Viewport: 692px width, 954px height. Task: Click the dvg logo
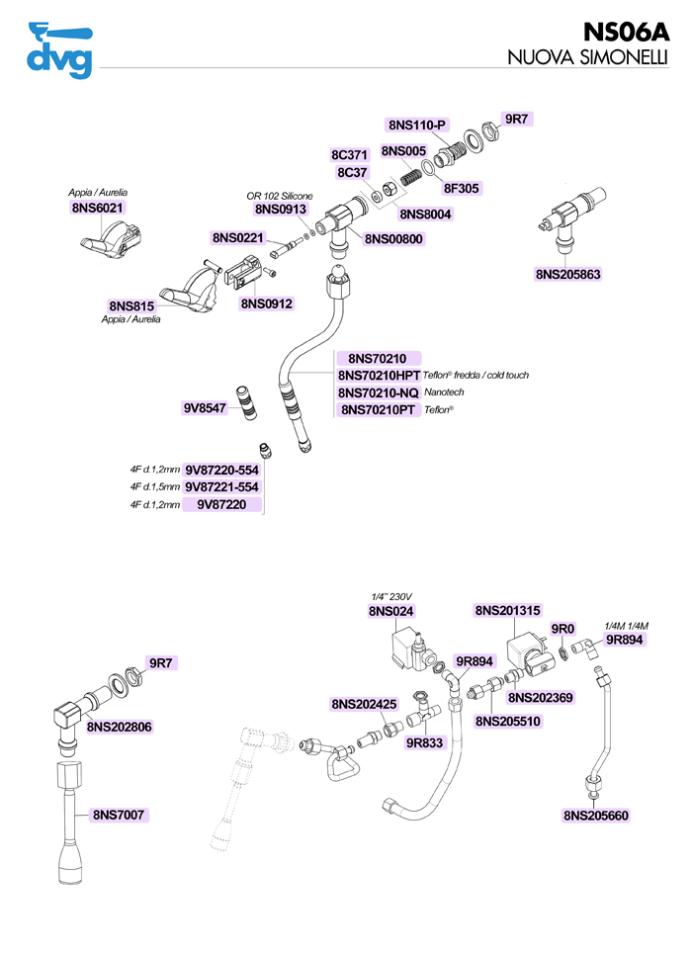[60, 49]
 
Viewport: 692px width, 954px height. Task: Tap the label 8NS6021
[99, 209]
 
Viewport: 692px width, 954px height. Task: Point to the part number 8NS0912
[266, 304]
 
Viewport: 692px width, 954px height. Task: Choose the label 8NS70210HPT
[380, 376]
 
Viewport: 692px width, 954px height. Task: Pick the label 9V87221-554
[221, 487]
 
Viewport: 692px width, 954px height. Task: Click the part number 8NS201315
[507, 611]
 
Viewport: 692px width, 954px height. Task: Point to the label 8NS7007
[120, 815]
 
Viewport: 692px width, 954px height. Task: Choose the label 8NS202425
[364, 704]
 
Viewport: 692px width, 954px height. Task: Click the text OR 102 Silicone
[280, 196]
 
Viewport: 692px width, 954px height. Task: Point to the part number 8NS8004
[426, 214]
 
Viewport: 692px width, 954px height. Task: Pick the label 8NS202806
[120, 727]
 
